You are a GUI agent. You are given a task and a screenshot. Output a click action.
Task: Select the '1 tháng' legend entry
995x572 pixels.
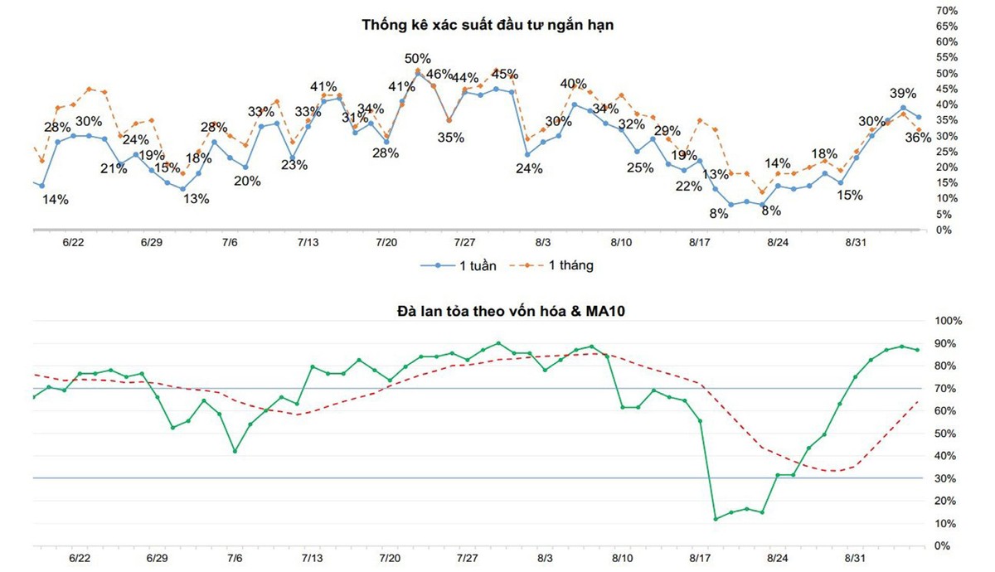[x=560, y=266]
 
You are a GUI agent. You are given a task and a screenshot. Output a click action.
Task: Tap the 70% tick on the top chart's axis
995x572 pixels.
[x=947, y=11]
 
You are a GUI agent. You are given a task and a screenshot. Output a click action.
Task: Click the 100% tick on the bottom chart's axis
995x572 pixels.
[x=949, y=321]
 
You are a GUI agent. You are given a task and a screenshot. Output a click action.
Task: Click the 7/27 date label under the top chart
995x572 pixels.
[x=464, y=243]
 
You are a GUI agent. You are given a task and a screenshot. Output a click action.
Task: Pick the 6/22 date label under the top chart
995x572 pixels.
[x=73, y=243]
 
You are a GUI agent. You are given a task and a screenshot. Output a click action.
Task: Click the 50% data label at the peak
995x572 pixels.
[x=418, y=59]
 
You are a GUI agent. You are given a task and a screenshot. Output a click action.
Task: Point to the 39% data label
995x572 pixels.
[x=903, y=93]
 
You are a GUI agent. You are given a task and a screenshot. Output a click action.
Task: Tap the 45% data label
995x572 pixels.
[x=505, y=73]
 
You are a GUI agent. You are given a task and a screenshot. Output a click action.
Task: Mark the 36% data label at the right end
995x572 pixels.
[x=918, y=138]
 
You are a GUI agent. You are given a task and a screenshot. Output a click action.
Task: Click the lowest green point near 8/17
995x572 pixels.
[x=716, y=519]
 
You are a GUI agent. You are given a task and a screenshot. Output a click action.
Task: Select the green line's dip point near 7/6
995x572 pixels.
[x=235, y=451]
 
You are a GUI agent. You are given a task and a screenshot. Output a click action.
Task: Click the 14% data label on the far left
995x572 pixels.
[x=56, y=200]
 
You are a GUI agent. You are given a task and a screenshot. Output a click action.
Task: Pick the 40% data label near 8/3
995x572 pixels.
[x=574, y=84]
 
